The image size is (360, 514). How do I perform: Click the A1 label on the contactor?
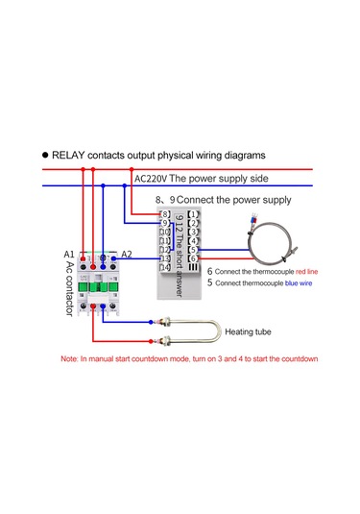[69, 254]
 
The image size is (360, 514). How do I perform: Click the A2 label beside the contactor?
[128, 254]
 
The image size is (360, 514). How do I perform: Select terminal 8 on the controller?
[165, 212]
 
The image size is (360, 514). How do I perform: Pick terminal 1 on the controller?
[193, 212]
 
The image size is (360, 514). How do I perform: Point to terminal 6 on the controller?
[193, 258]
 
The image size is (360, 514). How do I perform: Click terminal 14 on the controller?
[165, 268]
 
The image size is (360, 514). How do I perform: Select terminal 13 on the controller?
[165, 258]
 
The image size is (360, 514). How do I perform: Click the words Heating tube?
[252, 333]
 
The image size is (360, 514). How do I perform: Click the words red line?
[306, 272]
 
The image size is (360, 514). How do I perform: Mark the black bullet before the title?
[44, 155]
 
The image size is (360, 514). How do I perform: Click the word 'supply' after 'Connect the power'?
[272, 200]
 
